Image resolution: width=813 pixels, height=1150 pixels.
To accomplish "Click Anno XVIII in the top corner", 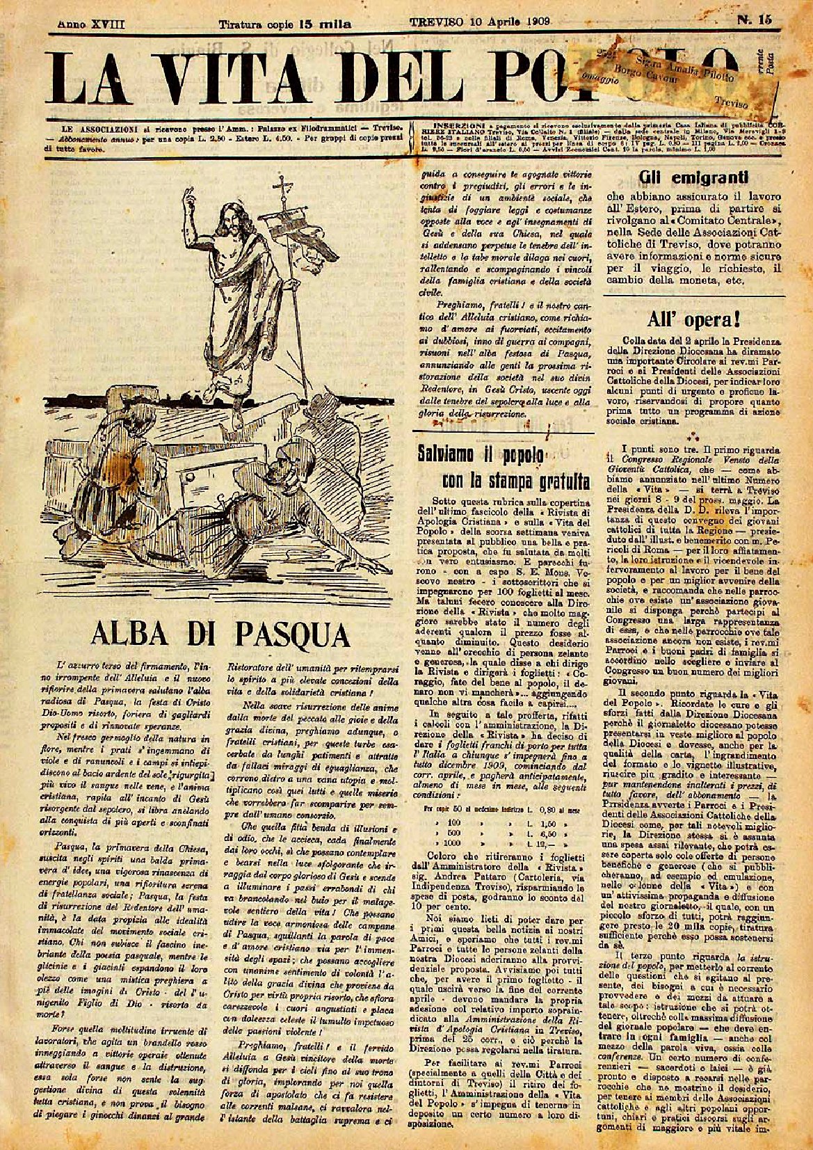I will tap(91, 23).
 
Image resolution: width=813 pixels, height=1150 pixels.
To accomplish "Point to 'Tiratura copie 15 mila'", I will tap(285, 24).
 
